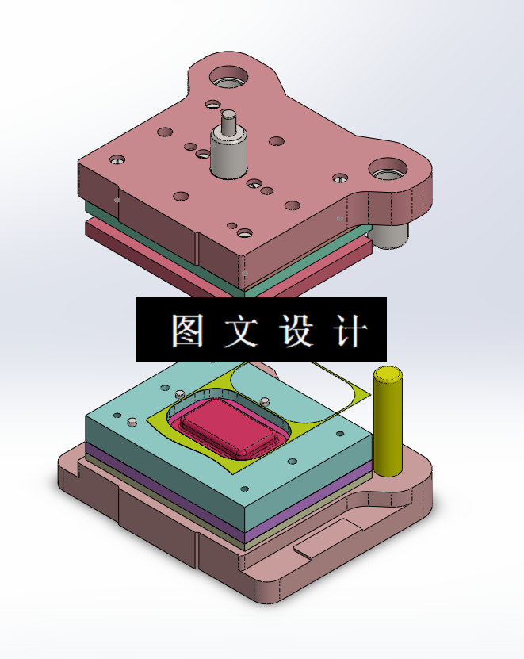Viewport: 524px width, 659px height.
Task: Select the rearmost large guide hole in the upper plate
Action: coord(228,79)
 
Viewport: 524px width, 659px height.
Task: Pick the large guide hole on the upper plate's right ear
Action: coord(388,169)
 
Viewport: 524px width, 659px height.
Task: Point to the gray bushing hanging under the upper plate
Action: coord(391,235)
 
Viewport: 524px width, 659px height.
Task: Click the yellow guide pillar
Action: coord(388,428)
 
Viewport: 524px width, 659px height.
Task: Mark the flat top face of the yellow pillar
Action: coord(388,374)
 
